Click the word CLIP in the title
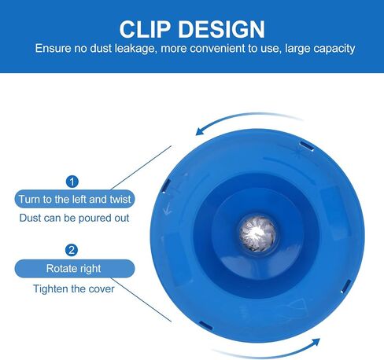click(145, 29)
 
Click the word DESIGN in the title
click(222, 29)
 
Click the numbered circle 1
click(72, 182)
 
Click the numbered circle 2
click(72, 250)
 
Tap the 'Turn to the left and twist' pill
click(75, 199)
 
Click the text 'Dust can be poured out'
click(74, 218)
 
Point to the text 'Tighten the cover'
click(74, 288)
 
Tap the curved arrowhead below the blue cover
click(315, 342)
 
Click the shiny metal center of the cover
click(257, 233)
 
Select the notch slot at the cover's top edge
click(307, 146)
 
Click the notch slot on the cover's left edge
click(166, 186)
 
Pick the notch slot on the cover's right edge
click(345, 286)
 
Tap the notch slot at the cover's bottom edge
click(205, 325)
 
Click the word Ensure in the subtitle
click(53, 49)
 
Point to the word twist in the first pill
click(120, 199)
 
